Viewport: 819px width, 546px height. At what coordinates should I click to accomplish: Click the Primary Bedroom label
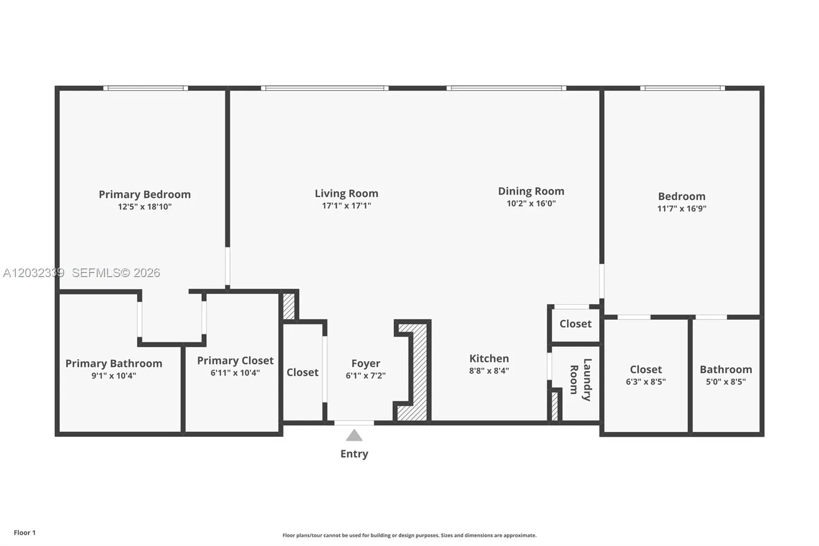(145, 194)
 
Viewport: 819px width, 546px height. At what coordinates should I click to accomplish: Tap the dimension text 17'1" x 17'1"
(347, 206)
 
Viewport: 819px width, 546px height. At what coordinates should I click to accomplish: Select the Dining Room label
(531, 191)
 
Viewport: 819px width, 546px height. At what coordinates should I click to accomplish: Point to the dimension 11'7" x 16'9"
(682, 208)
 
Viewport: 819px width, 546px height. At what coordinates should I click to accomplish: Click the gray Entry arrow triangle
(354, 435)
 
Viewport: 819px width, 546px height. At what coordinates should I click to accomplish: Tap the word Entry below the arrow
(354, 454)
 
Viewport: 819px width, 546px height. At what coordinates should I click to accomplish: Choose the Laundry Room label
(581, 380)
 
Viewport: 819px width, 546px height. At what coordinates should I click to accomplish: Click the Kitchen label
(489, 358)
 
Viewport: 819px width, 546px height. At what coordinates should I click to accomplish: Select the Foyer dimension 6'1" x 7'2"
(365, 375)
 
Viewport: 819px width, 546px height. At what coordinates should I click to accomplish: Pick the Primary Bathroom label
(114, 363)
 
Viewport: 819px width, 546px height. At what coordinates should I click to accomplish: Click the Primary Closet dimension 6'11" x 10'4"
(235, 373)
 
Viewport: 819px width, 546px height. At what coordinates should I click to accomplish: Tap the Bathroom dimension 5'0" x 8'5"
(726, 382)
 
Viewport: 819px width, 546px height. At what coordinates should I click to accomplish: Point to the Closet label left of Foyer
(303, 372)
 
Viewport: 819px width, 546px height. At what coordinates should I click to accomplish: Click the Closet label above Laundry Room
(575, 324)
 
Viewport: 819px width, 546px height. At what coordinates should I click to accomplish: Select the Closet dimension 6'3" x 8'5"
(645, 382)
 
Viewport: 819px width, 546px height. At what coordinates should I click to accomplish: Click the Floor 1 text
(25, 533)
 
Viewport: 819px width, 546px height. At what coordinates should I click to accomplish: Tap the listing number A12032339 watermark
(34, 272)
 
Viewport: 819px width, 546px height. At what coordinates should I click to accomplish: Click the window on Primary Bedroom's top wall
(145, 88)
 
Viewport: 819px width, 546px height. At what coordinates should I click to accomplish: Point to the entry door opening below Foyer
(354, 423)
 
